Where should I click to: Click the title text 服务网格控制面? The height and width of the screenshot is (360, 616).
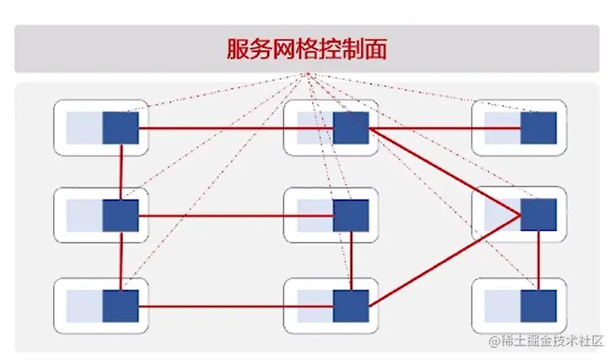coord(307,48)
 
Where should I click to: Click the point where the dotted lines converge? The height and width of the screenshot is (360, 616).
coord(307,75)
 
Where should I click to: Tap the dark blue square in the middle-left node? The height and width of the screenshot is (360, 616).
coord(121,216)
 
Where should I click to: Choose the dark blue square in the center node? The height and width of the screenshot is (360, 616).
coord(351,216)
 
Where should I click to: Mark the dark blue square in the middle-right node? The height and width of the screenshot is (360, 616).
coord(539,215)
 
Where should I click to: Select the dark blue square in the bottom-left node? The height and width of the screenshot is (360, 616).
coord(121,306)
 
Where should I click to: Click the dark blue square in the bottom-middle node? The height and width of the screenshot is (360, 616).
coord(351,306)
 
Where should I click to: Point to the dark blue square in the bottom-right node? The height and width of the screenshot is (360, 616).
coord(539,305)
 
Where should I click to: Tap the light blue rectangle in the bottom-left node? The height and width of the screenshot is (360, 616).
coord(84,306)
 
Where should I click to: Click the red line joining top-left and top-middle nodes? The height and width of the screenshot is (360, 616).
coord(212,129)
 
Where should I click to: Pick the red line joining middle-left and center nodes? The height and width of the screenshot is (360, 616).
coord(236,216)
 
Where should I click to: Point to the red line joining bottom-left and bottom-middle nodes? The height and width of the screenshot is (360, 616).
coord(236,306)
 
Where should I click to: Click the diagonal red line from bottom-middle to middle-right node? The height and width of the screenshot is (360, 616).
coord(444,261)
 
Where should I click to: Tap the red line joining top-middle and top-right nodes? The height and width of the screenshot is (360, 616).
coord(444,129)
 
